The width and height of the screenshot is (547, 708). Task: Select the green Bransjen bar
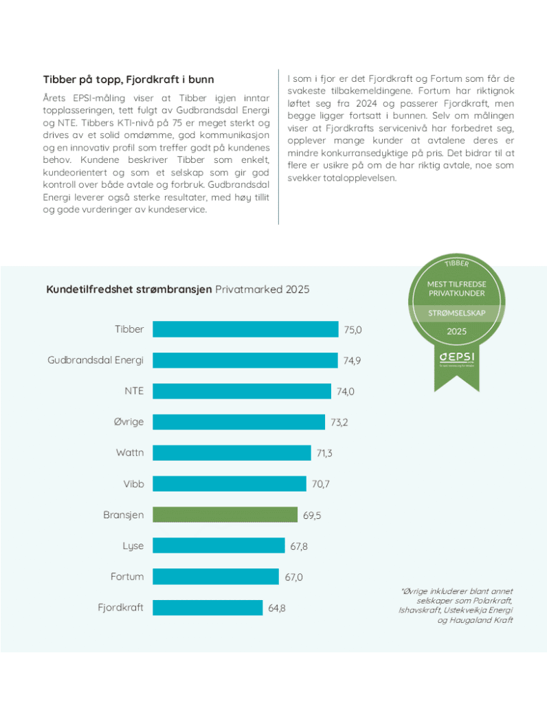pos(225,514)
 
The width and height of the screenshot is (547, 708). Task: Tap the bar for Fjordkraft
pos(208,608)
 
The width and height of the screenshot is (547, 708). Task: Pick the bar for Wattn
pos(232,452)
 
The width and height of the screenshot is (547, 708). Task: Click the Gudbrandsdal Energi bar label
pos(96,360)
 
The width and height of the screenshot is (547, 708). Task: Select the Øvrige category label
pos(129,421)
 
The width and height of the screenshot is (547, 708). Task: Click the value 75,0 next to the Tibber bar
pos(353,330)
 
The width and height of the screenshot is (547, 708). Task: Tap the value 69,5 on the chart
pos(313,515)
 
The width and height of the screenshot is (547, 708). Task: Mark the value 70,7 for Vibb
pos(321,484)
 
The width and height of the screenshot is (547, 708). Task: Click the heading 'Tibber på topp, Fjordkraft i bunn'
pos(129,80)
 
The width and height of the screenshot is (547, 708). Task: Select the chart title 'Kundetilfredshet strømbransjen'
pos(129,289)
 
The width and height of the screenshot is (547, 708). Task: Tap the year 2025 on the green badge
pos(456,331)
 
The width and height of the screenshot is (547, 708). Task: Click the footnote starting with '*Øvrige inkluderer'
pos(456,606)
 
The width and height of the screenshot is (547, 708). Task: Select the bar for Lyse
pos(219,545)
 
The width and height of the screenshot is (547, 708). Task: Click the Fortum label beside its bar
pos(127,577)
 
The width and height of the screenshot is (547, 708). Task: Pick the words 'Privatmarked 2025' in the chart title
pos(262,289)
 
